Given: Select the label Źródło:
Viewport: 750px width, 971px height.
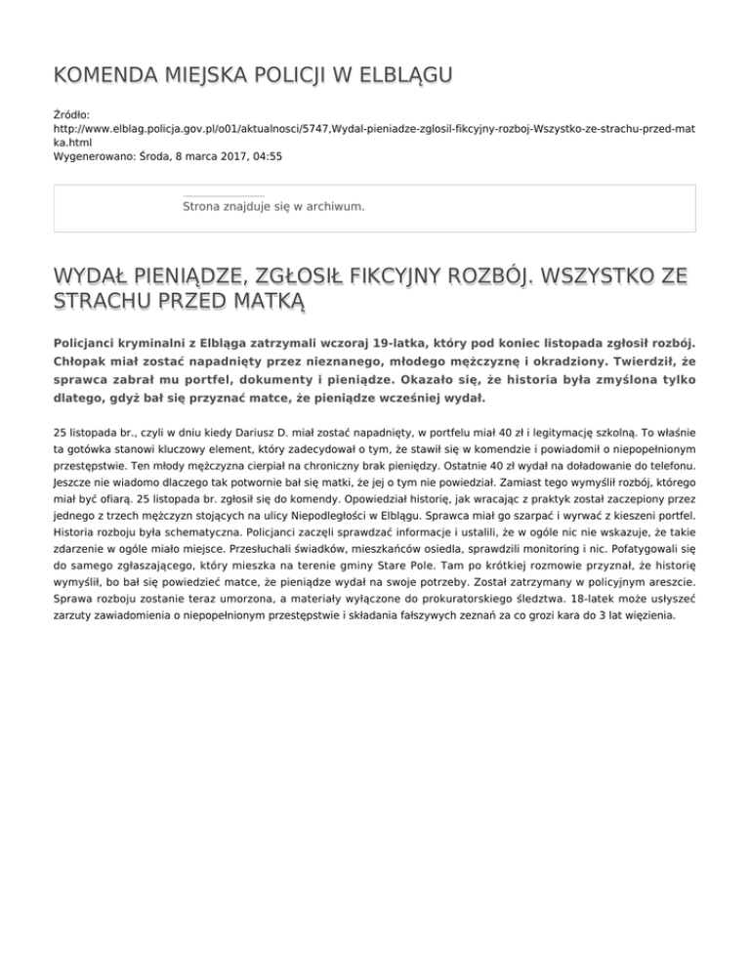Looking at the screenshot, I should pyautogui.click(x=72, y=115).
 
